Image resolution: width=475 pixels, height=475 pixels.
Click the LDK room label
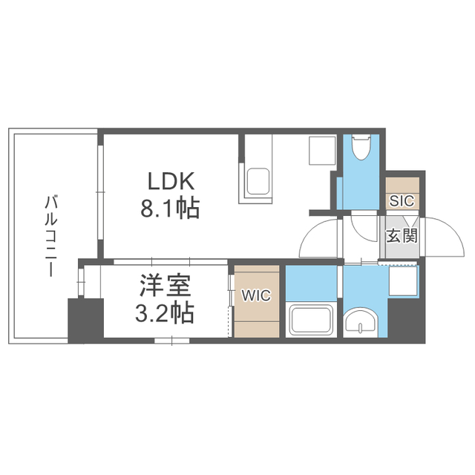pos(171,181)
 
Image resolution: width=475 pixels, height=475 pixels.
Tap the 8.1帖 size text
pos(170,209)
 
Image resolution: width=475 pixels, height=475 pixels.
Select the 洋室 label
pos(166,285)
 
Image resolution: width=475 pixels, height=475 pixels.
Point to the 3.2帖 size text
pos(165,313)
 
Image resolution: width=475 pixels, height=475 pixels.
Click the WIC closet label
pos(256,295)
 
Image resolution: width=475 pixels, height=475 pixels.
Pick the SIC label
pos(402,200)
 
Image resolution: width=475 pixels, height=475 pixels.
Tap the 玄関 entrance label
pos(402,235)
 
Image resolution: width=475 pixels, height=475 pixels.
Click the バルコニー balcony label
pos(50,236)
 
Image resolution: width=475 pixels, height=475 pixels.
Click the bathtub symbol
pos(312,321)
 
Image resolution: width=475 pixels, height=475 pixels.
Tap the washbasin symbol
pos(361,323)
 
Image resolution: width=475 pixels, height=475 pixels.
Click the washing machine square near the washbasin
pos(403,281)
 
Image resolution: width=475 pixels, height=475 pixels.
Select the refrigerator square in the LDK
pos(322,151)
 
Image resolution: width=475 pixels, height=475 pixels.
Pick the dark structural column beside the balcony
pos(86,321)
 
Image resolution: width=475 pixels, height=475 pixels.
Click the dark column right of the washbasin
pos(407,320)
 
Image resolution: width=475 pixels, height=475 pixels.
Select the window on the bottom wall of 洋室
pos(171,341)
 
